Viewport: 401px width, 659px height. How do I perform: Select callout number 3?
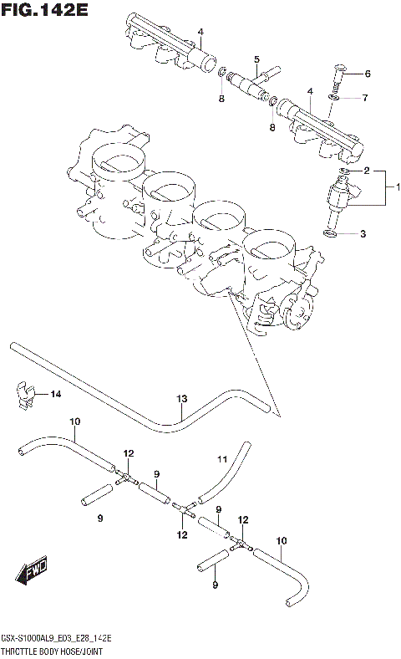click(363, 234)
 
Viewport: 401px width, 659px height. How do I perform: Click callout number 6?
click(367, 74)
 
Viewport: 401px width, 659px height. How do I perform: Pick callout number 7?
click(365, 99)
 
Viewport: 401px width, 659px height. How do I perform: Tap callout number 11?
click(221, 458)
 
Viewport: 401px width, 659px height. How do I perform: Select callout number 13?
click(180, 398)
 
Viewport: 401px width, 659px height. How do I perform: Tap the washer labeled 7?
click(332, 98)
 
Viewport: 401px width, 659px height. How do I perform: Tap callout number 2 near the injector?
click(365, 171)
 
